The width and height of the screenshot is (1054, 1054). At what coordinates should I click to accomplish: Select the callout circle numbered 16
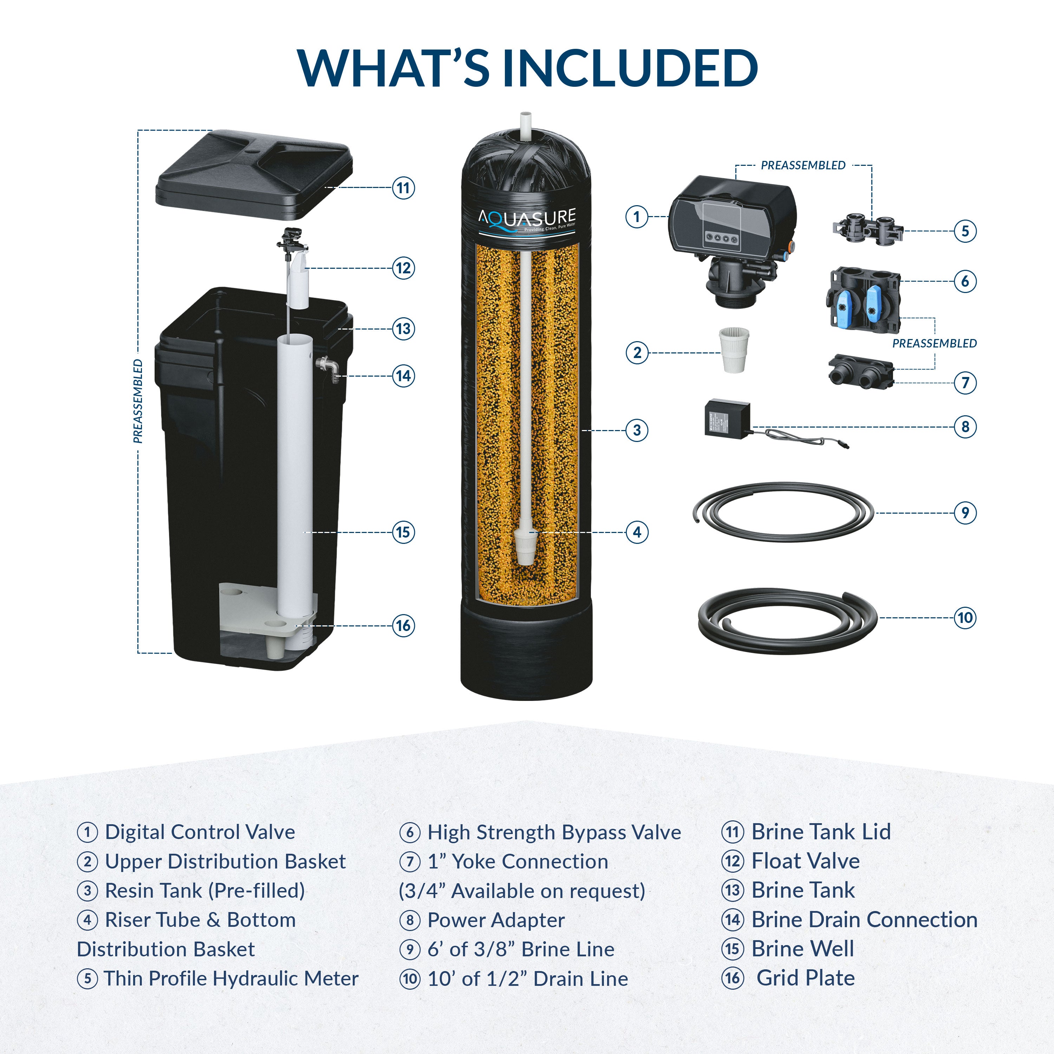point(403,625)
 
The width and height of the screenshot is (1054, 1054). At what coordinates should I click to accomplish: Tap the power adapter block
point(728,418)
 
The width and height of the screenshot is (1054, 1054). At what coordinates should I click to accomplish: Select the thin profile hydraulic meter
point(867,229)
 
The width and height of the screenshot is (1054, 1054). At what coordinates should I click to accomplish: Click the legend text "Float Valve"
point(805,861)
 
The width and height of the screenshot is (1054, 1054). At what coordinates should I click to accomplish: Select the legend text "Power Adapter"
point(495,920)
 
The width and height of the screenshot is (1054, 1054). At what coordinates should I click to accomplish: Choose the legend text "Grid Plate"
point(805,978)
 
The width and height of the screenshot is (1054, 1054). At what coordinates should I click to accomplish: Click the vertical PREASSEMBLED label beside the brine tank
point(138,401)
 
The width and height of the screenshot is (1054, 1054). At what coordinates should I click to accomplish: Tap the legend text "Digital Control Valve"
point(200,832)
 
